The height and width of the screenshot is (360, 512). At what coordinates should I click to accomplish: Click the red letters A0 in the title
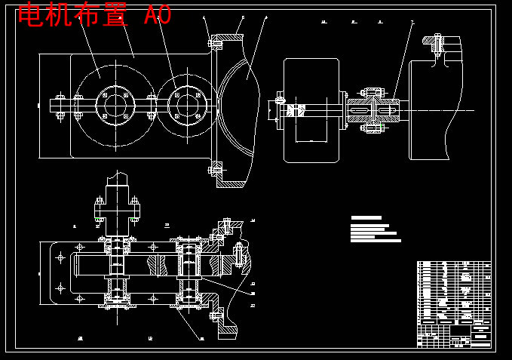tap(158, 15)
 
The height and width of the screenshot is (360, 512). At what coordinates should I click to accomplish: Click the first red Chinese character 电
tap(31, 15)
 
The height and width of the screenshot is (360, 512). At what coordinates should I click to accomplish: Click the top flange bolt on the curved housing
tap(214, 43)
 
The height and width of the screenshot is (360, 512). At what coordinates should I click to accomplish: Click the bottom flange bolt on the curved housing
tap(214, 170)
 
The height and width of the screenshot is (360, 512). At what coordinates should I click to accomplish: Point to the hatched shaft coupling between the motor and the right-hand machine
tap(373, 110)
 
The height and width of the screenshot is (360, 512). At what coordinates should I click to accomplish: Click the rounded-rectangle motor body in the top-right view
tap(311, 110)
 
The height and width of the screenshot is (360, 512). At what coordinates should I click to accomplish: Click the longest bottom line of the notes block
tap(376, 241)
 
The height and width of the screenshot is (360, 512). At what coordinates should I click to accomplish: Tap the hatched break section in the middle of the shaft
tap(158, 265)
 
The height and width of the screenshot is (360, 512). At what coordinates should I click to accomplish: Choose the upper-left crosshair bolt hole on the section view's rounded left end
tap(60, 257)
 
